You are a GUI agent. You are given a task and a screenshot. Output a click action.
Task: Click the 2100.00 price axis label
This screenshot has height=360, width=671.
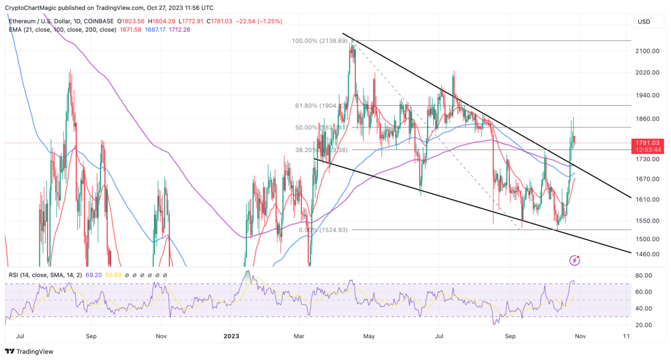[x=646, y=51]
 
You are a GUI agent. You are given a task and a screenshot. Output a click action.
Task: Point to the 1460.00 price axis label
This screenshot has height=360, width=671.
[x=646, y=254]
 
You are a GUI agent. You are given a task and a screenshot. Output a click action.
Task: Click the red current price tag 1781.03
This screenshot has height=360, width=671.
[x=646, y=142]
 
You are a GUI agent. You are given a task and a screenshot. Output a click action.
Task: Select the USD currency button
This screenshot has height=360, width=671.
[x=644, y=22]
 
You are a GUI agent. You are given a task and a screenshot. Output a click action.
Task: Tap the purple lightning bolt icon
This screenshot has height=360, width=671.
[x=575, y=260]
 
